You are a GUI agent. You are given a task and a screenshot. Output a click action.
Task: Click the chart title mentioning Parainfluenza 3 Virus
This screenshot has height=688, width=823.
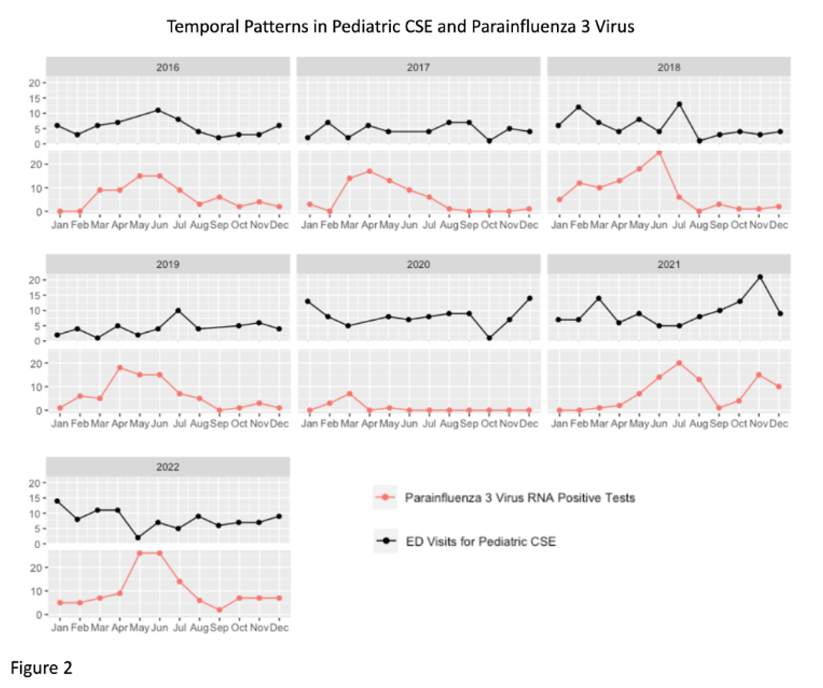pos(400,27)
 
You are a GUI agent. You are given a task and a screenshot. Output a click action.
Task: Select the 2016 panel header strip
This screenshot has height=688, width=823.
pos(168,68)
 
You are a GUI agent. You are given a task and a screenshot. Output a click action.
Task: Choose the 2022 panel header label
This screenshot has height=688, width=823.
pos(168,466)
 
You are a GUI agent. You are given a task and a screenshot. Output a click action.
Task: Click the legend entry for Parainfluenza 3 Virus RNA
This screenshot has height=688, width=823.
pos(519,498)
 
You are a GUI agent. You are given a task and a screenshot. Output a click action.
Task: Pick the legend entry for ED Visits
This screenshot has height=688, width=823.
pos(480,541)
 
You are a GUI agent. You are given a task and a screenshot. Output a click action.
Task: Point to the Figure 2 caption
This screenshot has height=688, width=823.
pos(42,666)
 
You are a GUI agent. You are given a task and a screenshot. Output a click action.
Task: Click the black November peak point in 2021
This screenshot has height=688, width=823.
pos(760,276)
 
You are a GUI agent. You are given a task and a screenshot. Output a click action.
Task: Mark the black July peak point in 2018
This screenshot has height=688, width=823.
pos(680,104)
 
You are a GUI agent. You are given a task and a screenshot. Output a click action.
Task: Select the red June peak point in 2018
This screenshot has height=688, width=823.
pos(659,153)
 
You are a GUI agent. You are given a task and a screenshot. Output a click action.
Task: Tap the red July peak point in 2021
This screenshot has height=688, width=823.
pos(680,363)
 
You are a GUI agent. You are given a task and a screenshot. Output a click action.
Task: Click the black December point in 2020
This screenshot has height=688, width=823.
pos(530,298)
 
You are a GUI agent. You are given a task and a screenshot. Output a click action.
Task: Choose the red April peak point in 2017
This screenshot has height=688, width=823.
pos(369,171)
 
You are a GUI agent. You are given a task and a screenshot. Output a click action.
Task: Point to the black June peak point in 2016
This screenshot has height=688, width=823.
pos(158,110)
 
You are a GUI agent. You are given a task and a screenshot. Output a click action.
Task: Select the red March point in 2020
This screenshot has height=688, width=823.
pos(350,393)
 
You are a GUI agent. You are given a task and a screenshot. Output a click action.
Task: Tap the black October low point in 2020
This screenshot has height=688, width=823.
pos(489,338)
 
